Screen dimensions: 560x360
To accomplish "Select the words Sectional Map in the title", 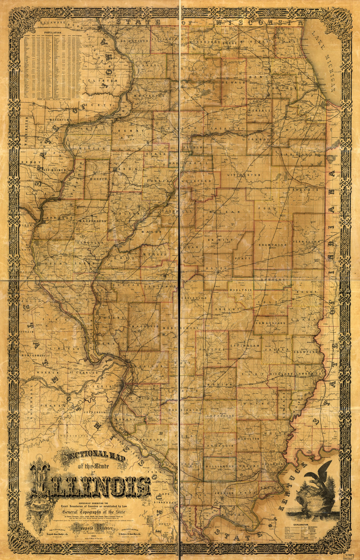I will [x=92, y=456].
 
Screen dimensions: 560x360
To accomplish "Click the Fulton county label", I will [x=124, y=213].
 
